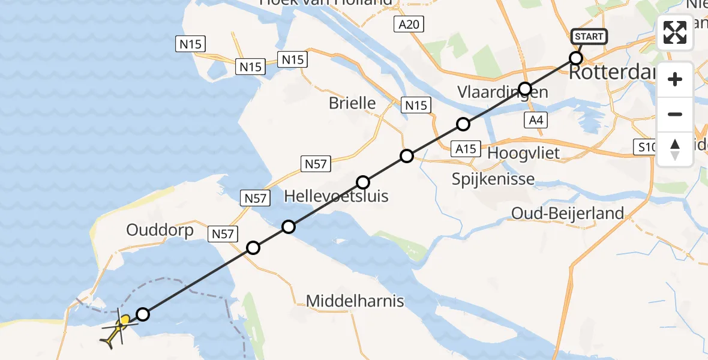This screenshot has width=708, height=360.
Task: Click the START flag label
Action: click(589, 37)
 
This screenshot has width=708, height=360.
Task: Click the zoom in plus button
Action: click(675, 80)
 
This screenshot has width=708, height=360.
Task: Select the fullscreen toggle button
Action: click(675, 32)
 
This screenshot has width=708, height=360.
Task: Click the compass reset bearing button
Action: click(675, 149)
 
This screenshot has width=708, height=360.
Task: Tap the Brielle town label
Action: click(352, 103)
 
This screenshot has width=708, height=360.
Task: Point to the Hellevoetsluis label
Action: click(336, 196)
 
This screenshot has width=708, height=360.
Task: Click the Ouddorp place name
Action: click(160, 230)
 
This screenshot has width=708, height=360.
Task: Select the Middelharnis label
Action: click(355, 301)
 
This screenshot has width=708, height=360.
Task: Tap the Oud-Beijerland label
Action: click(568, 213)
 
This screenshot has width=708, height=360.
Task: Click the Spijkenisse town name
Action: click(493, 179)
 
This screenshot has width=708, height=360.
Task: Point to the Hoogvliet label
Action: click(523, 153)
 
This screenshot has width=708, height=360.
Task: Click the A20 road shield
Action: click(409, 25)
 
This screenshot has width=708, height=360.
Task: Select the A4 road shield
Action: click(536, 120)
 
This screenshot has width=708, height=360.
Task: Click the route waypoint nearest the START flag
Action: click(576, 58)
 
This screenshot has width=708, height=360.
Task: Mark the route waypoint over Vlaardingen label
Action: click(525, 89)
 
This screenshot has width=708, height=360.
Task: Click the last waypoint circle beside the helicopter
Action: click(143, 314)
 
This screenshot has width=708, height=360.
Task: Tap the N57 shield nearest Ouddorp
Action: click(223, 234)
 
